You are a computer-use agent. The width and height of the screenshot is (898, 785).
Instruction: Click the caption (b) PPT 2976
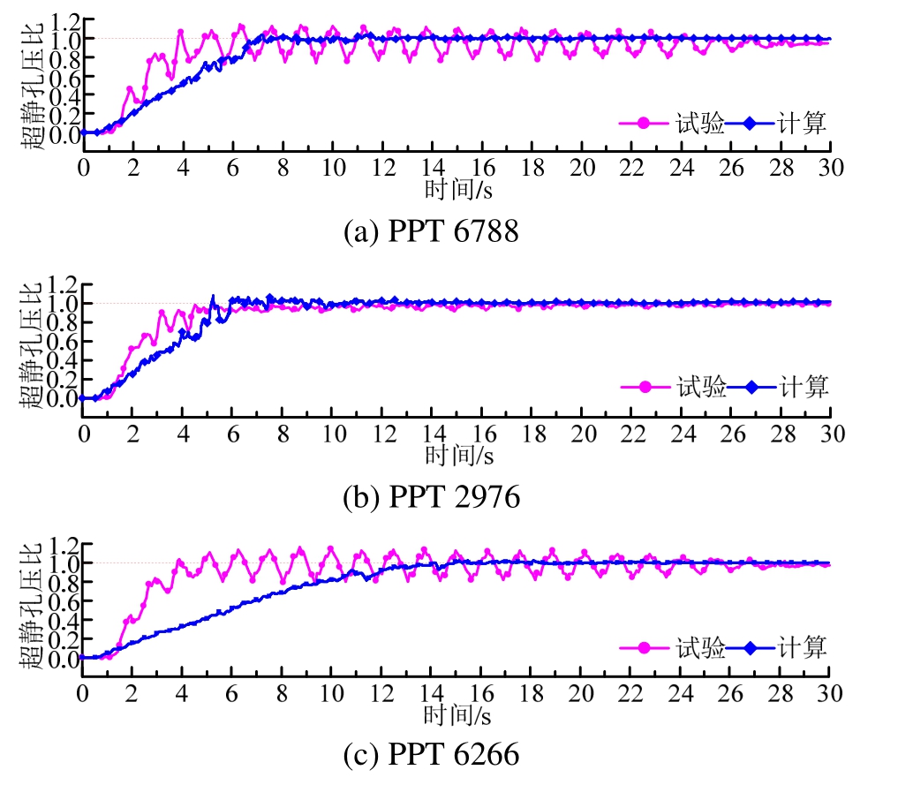point(431,497)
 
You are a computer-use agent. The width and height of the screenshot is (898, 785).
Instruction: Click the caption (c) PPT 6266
point(431,756)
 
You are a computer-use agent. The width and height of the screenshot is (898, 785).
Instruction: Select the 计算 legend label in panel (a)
point(804,124)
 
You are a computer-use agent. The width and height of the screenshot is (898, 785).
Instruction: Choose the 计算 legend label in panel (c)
point(804,648)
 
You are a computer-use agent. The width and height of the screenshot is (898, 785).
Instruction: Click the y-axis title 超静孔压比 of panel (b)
point(33,344)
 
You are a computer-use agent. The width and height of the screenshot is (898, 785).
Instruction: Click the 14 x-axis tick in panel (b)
point(433,434)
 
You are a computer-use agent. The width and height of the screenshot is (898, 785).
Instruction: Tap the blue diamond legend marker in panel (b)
point(751,387)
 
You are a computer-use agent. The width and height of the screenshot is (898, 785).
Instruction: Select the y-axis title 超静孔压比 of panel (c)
point(33,606)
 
